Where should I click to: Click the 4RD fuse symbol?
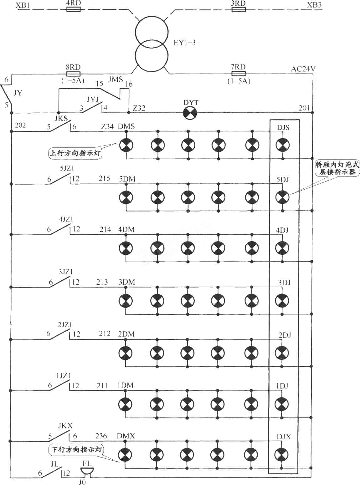click(x=73, y=9)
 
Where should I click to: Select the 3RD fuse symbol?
click(x=239, y=9)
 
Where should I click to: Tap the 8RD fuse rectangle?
click(x=73, y=74)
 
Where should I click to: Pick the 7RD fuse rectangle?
click(x=239, y=74)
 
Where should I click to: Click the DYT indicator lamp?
click(x=190, y=113)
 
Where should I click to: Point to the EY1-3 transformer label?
click(x=185, y=43)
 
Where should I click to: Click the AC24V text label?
click(x=303, y=69)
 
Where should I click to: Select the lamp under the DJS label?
click(x=283, y=145)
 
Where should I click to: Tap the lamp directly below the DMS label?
click(x=126, y=145)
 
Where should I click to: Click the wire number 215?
click(x=104, y=179)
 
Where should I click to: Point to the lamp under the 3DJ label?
click(x=282, y=300)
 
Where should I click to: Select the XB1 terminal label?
click(x=23, y=5)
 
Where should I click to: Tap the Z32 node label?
click(x=139, y=108)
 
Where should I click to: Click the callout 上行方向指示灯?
click(x=75, y=153)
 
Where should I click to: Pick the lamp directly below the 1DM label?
click(x=125, y=403)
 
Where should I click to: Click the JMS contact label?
click(x=115, y=79)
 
